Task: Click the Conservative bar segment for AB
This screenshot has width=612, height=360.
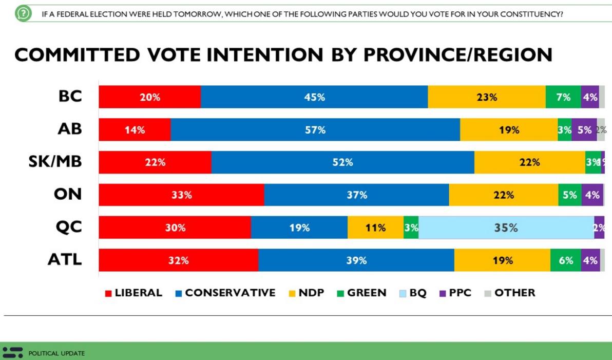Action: (x=315, y=130)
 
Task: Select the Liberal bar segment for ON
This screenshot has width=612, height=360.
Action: (x=181, y=195)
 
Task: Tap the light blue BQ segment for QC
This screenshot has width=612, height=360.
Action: (x=506, y=228)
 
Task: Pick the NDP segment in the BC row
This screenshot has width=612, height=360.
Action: (x=486, y=97)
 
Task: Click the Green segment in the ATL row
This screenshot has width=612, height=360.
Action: (x=566, y=260)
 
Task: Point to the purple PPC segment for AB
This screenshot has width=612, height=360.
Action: (x=584, y=130)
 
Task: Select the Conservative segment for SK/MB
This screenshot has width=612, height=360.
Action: (x=342, y=162)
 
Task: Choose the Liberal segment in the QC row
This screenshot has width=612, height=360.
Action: (x=175, y=228)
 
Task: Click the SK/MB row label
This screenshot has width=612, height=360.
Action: (x=55, y=162)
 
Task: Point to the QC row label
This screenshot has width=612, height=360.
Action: (x=69, y=228)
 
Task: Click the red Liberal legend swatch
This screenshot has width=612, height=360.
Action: (x=108, y=294)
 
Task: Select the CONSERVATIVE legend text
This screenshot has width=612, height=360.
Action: (x=230, y=293)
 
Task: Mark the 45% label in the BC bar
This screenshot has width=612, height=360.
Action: (x=315, y=97)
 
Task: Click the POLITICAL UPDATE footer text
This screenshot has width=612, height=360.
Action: (x=56, y=353)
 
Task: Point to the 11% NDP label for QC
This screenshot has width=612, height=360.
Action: (x=375, y=228)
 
